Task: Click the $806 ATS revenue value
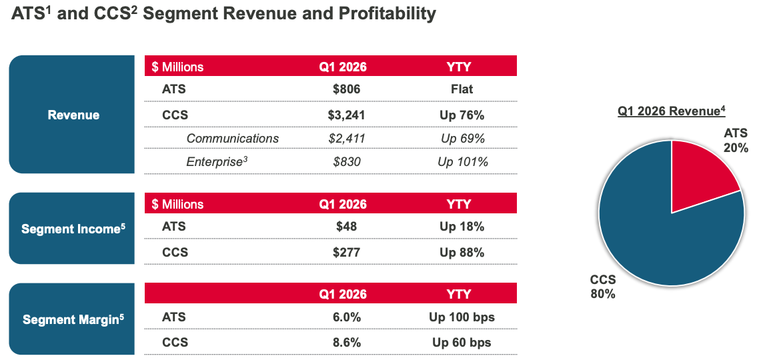pyautogui.click(x=346, y=89)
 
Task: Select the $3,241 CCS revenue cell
pyautogui.click(x=346, y=115)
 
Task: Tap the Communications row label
pyautogui.click(x=232, y=138)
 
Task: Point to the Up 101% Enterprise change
pyautogui.click(x=462, y=161)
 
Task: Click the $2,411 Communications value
pyautogui.click(x=346, y=138)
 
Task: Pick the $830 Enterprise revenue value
pyautogui.click(x=346, y=161)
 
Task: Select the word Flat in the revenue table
pyautogui.click(x=462, y=89)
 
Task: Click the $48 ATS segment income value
pyautogui.click(x=346, y=227)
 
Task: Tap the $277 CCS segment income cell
pyautogui.click(x=346, y=252)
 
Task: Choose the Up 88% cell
pyautogui.click(x=462, y=252)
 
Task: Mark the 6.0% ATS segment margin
pyautogui.click(x=346, y=317)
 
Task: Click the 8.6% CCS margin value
pyautogui.click(x=346, y=343)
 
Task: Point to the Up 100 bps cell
pyautogui.click(x=462, y=317)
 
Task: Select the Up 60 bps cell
pyautogui.click(x=462, y=343)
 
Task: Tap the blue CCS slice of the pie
pyautogui.click(x=654, y=233)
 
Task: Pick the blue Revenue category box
pyautogui.click(x=73, y=115)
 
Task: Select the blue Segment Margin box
pyautogui.click(x=73, y=319)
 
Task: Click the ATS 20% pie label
pyautogui.click(x=736, y=140)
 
